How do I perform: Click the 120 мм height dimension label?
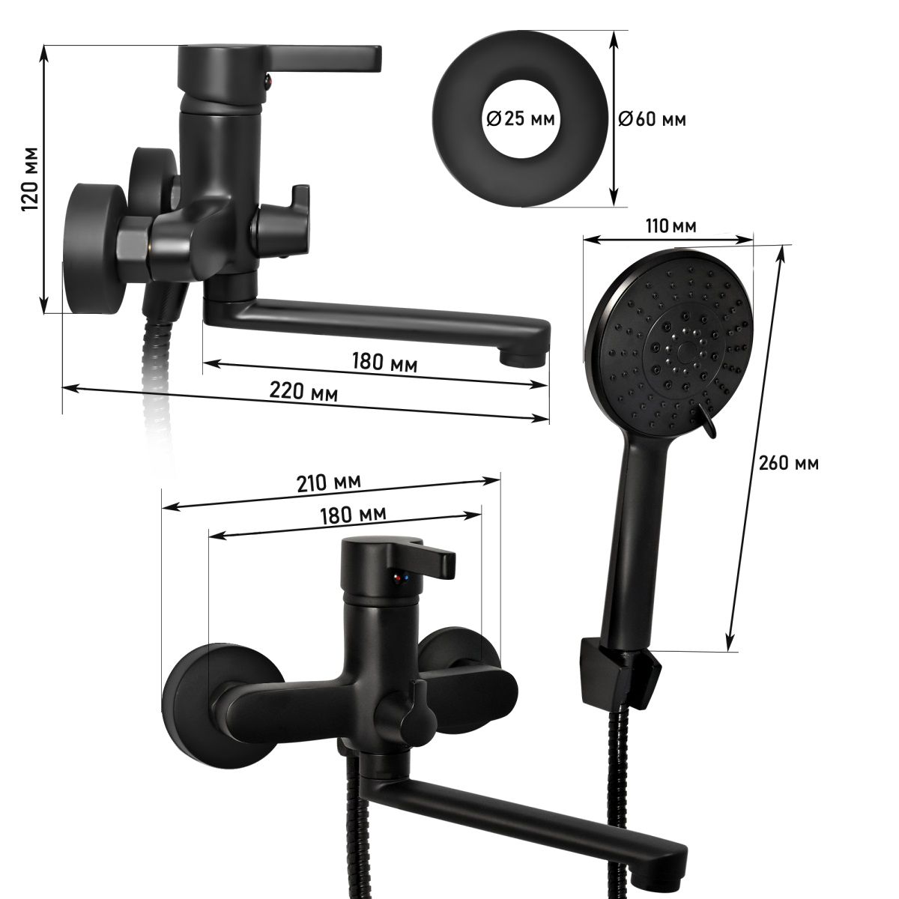(31, 179)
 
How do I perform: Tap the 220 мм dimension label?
(303, 392)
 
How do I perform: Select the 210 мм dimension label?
(329, 483)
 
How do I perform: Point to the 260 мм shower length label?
(788, 463)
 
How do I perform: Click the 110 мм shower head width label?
(671, 225)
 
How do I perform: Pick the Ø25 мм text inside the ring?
(520, 119)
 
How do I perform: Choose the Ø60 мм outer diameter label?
(653, 120)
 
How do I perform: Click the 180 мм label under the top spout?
(384, 362)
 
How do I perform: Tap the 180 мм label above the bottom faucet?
(353, 515)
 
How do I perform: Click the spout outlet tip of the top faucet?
(522, 359)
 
